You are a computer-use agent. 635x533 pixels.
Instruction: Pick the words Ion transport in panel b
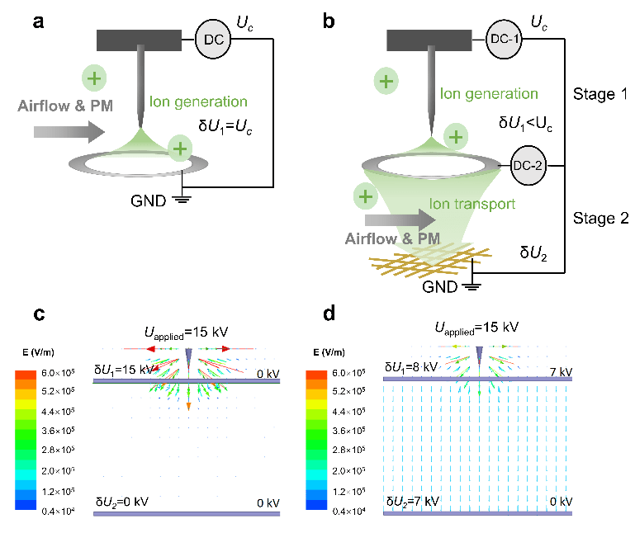(x=474, y=203)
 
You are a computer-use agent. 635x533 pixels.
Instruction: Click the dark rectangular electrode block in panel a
(x=140, y=39)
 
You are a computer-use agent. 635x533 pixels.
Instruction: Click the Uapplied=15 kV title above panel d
(x=476, y=328)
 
